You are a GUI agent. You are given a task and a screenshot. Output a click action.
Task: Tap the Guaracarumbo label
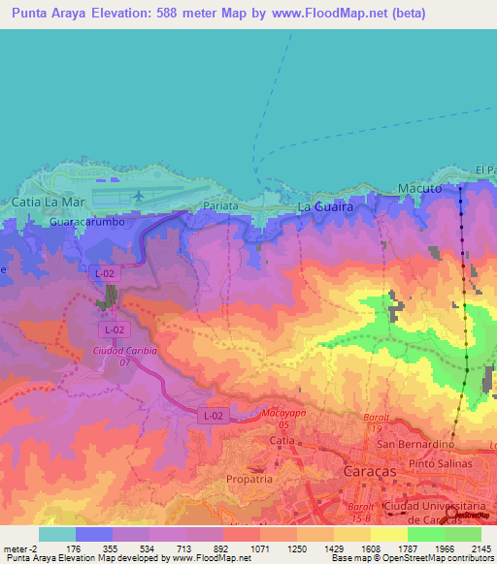[x=83, y=222]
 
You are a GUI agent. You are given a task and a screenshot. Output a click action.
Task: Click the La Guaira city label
[x=323, y=207]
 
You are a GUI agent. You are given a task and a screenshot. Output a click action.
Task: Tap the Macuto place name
[x=419, y=188]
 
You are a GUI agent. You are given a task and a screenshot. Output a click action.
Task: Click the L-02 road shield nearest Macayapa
[x=213, y=416]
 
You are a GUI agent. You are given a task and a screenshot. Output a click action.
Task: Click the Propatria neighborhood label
[x=249, y=479]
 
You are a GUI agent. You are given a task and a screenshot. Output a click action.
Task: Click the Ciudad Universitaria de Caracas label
[x=441, y=510]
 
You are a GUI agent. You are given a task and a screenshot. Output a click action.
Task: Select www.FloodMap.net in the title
[x=319, y=15]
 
